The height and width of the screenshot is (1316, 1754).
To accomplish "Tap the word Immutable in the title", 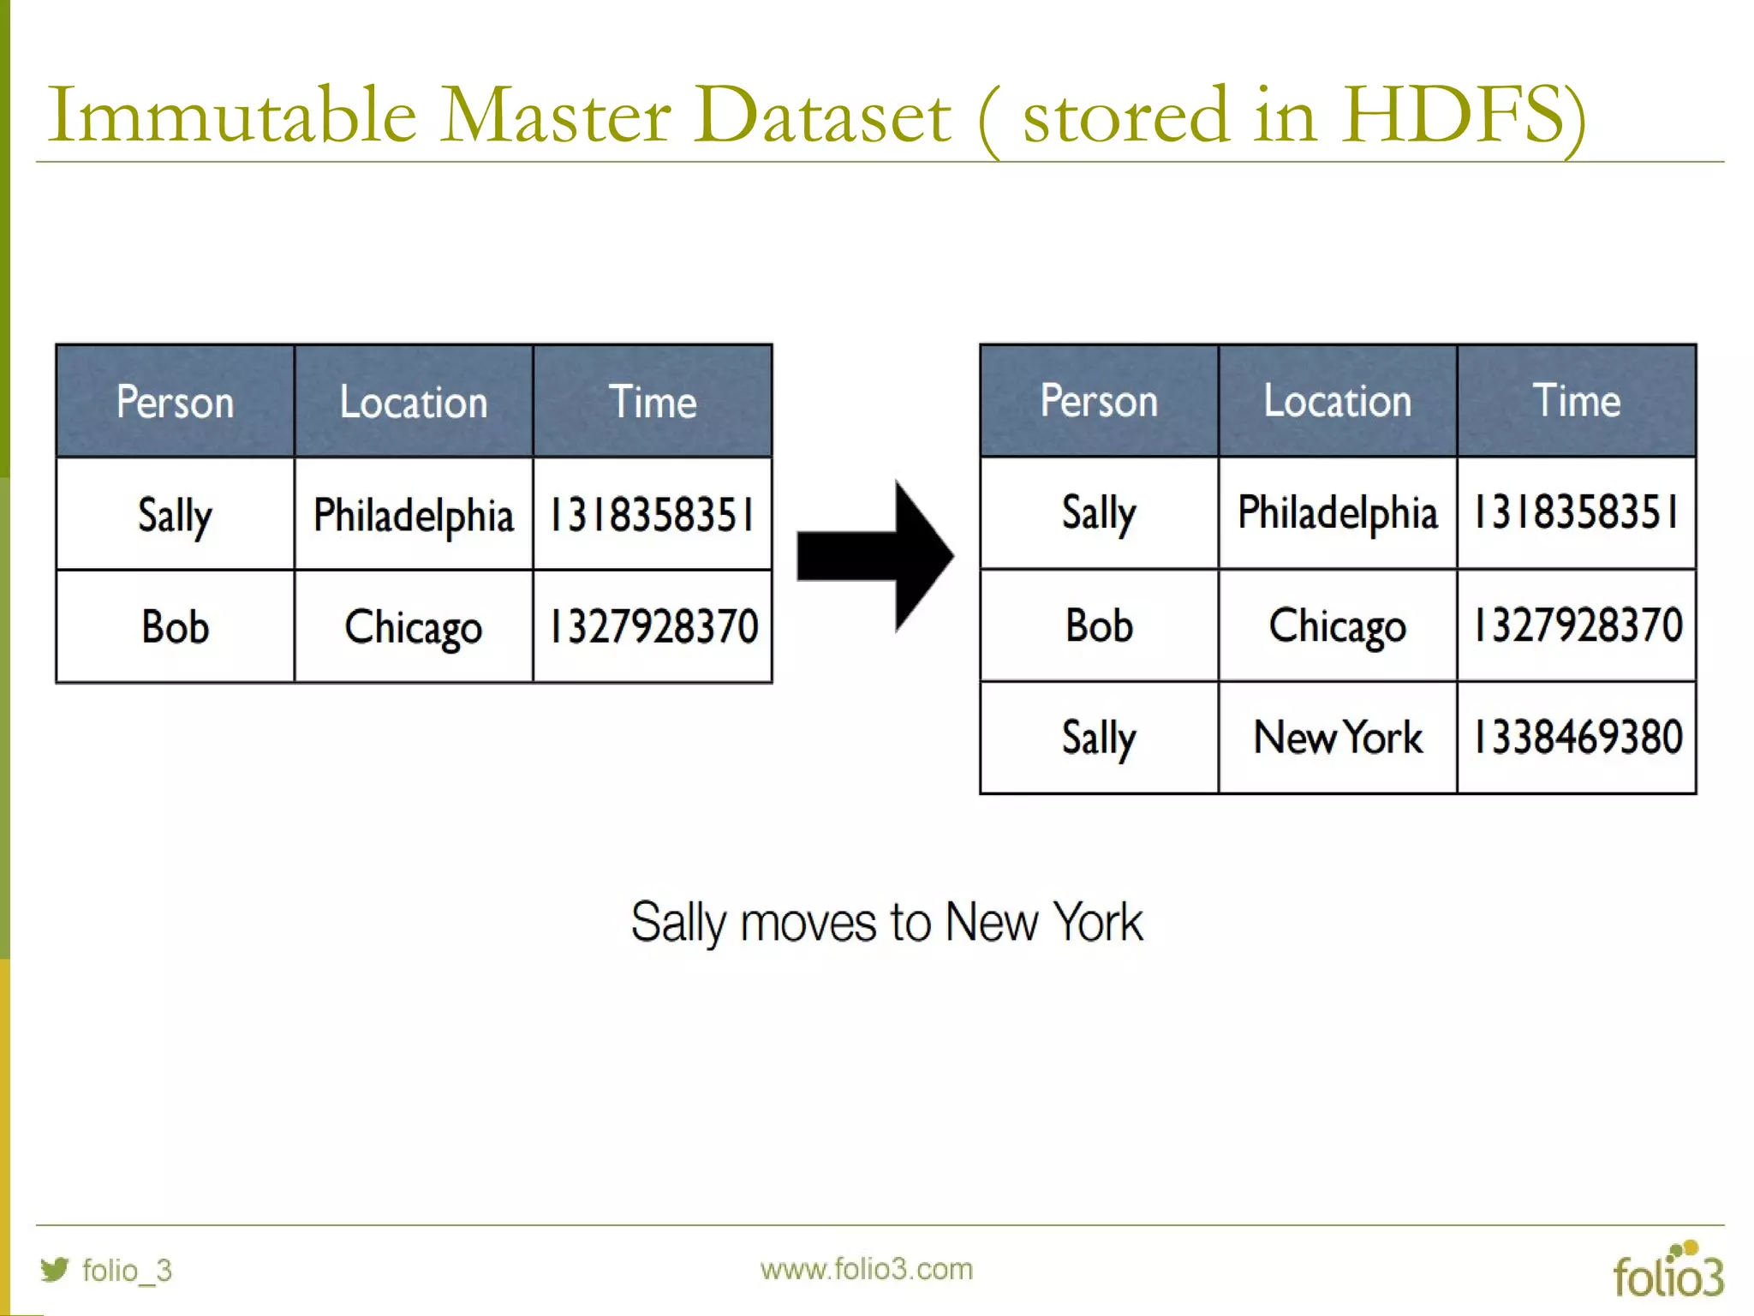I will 232,115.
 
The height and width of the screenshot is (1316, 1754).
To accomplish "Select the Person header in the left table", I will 175,402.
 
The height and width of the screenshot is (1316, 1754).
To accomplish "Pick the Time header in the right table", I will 1576,401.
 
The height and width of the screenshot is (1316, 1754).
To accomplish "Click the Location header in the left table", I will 414,402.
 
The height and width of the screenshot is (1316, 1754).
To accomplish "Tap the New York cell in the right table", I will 1337,738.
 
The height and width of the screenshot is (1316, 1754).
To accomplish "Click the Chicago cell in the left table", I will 414,627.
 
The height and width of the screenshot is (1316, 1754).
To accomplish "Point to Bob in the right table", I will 1099,625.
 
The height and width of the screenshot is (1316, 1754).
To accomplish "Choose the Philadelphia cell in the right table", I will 1337,513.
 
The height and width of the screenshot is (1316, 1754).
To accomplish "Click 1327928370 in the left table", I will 653,626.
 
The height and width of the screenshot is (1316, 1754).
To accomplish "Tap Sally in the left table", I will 175,516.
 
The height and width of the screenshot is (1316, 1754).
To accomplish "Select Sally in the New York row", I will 1099,738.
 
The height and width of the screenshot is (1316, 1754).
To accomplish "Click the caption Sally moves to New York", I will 886,923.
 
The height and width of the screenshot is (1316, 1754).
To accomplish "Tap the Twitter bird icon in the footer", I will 55,1269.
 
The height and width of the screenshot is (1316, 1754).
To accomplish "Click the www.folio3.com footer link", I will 866,1269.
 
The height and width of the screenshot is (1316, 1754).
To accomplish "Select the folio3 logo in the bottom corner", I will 1667,1271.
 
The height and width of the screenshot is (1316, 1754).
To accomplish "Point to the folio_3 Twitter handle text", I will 127,1270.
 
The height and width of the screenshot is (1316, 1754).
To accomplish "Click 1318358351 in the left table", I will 652,515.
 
